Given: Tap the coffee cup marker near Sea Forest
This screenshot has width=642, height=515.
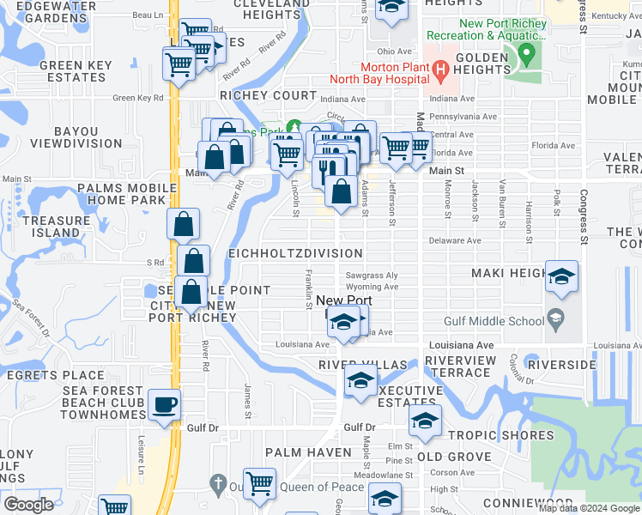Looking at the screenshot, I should [x=164, y=405].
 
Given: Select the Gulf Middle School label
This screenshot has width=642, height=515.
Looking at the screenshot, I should [x=494, y=321].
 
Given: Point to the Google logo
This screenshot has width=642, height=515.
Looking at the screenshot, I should [x=27, y=505].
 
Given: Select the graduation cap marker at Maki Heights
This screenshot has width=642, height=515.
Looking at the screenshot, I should [x=561, y=276].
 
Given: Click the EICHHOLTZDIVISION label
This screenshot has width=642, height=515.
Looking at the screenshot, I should [x=295, y=254].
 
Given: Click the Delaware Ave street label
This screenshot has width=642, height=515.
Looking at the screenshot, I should [x=456, y=241].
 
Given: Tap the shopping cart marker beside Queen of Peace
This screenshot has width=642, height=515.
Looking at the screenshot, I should [x=258, y=483].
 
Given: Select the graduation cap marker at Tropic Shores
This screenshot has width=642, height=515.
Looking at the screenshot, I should [x=424, y=421].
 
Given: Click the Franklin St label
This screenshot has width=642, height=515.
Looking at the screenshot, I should [x=308, y=289].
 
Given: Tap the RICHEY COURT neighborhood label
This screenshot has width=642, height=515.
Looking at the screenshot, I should [x=269, y=95].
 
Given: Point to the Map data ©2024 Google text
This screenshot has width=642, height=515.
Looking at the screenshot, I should [x=589, y=508].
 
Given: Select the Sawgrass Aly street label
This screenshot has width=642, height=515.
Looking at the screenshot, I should [x=372, y=276].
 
